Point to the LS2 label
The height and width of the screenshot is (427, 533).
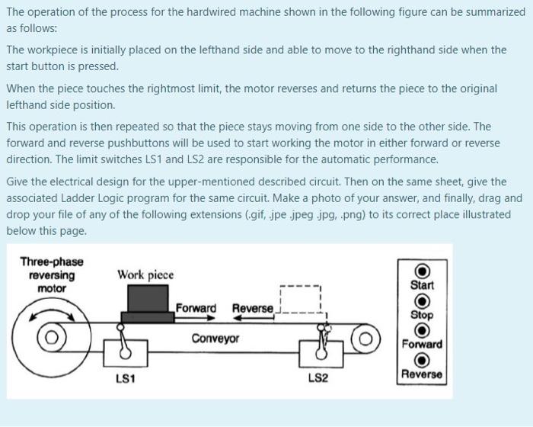318,379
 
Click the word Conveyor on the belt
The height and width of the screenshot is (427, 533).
215,339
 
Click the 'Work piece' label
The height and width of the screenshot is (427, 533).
145,274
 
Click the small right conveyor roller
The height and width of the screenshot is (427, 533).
365,337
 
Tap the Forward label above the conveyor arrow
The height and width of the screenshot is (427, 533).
196,308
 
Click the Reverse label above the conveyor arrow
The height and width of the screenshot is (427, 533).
252,308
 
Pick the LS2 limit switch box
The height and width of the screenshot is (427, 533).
319,352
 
